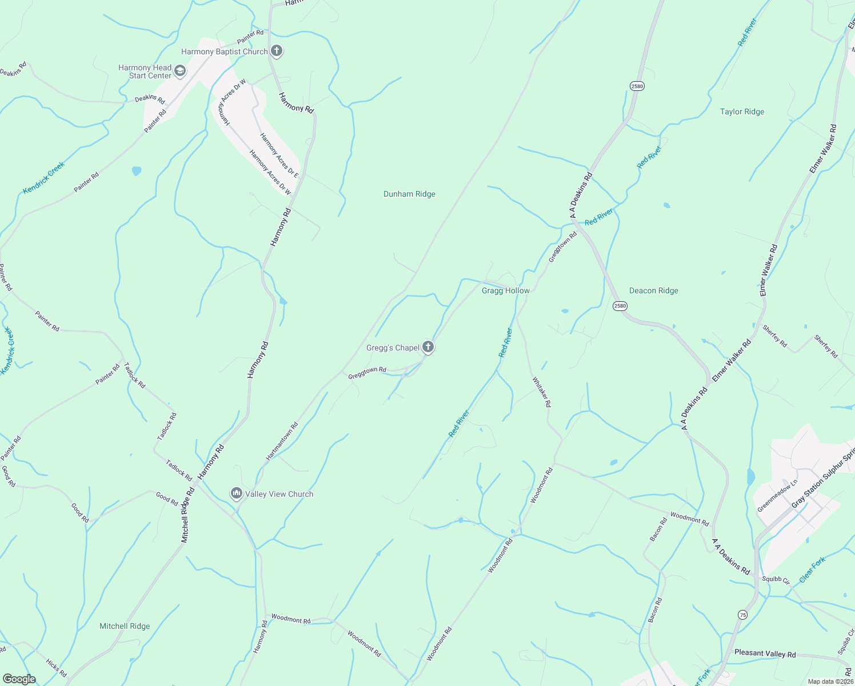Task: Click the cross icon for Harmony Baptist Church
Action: [x=277, y=51]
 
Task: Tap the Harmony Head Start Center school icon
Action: [x=179, y=71]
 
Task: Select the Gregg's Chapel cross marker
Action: [x=427, y=347]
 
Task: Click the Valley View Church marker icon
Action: [x=237, y=493]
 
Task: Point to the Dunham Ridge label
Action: [x=409, y=194]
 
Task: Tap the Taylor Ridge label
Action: [x=742, y=112]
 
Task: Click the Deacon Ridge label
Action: [x=653, y=291]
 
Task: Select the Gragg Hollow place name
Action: [x=505, y=291]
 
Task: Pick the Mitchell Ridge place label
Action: [x=125, y=627]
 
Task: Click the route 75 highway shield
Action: [x=742, y=615]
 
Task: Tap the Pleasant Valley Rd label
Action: [x=765, y=653]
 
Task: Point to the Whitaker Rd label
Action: [x=542, y=392]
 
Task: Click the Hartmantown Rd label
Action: [x=282, y=441]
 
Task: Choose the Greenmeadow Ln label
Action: [x=777, y=497]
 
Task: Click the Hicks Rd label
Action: [x=57, y=668]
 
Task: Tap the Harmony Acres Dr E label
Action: [x=279, y=154]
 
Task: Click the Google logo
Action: [x=19, y=679]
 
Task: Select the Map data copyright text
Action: [x=830, y=681]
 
